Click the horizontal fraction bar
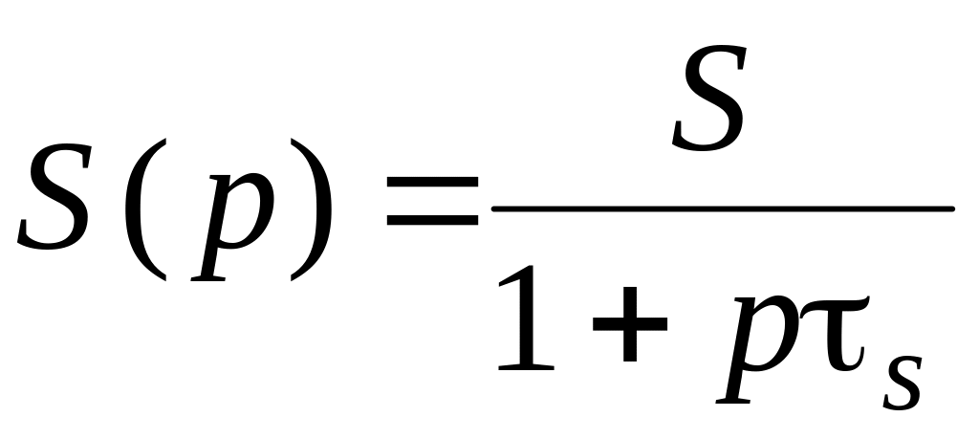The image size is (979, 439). click(722, 207)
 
